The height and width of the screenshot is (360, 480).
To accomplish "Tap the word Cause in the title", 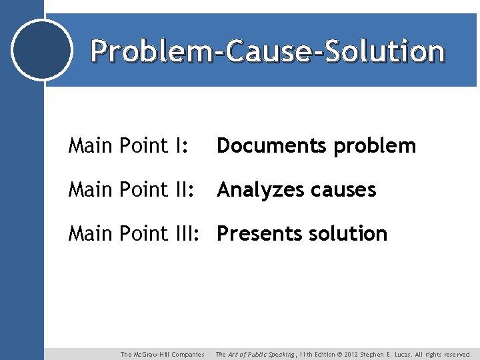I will coord(263,51).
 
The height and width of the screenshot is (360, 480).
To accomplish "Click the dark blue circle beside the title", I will coord(42,50).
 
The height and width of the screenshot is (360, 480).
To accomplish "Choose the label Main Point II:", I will coord(131,190).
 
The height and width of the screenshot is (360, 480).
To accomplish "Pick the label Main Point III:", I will coord(135,234).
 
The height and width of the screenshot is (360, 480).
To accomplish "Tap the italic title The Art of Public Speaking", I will coord(255,355).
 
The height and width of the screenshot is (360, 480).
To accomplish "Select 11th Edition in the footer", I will coord(320,355).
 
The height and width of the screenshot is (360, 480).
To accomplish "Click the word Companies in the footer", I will coord(187,355).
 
